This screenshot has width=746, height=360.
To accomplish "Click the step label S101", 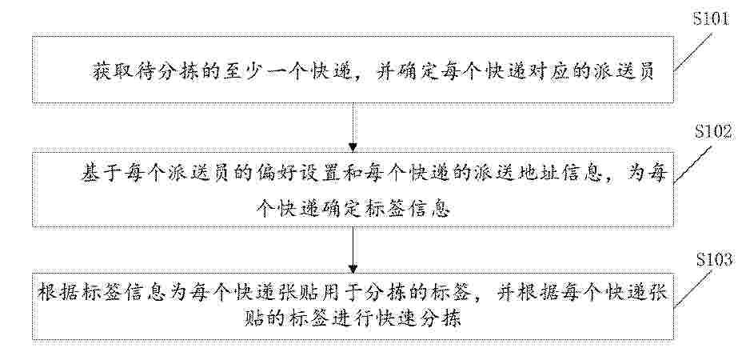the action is pyautogui.click(x=710, y=19).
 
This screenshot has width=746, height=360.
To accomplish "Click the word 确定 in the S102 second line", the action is pyautogui.click(x=336, y=208).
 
